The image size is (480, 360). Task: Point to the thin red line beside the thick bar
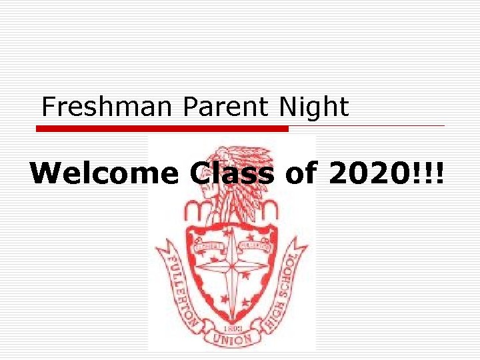click(367, 125)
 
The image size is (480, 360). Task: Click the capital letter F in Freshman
click(47, 107)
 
